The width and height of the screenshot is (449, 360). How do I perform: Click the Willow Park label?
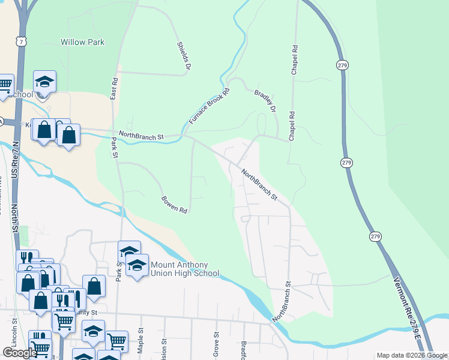82,43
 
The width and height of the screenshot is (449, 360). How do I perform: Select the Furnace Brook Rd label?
209,107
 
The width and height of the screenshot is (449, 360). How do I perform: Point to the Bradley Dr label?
265,101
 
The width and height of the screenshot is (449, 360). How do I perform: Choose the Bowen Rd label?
175,205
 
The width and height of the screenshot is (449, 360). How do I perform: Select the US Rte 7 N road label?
15,160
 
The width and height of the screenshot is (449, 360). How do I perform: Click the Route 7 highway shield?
22,41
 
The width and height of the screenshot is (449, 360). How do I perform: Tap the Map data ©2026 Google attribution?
412,355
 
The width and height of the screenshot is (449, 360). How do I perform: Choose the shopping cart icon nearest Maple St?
116,341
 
